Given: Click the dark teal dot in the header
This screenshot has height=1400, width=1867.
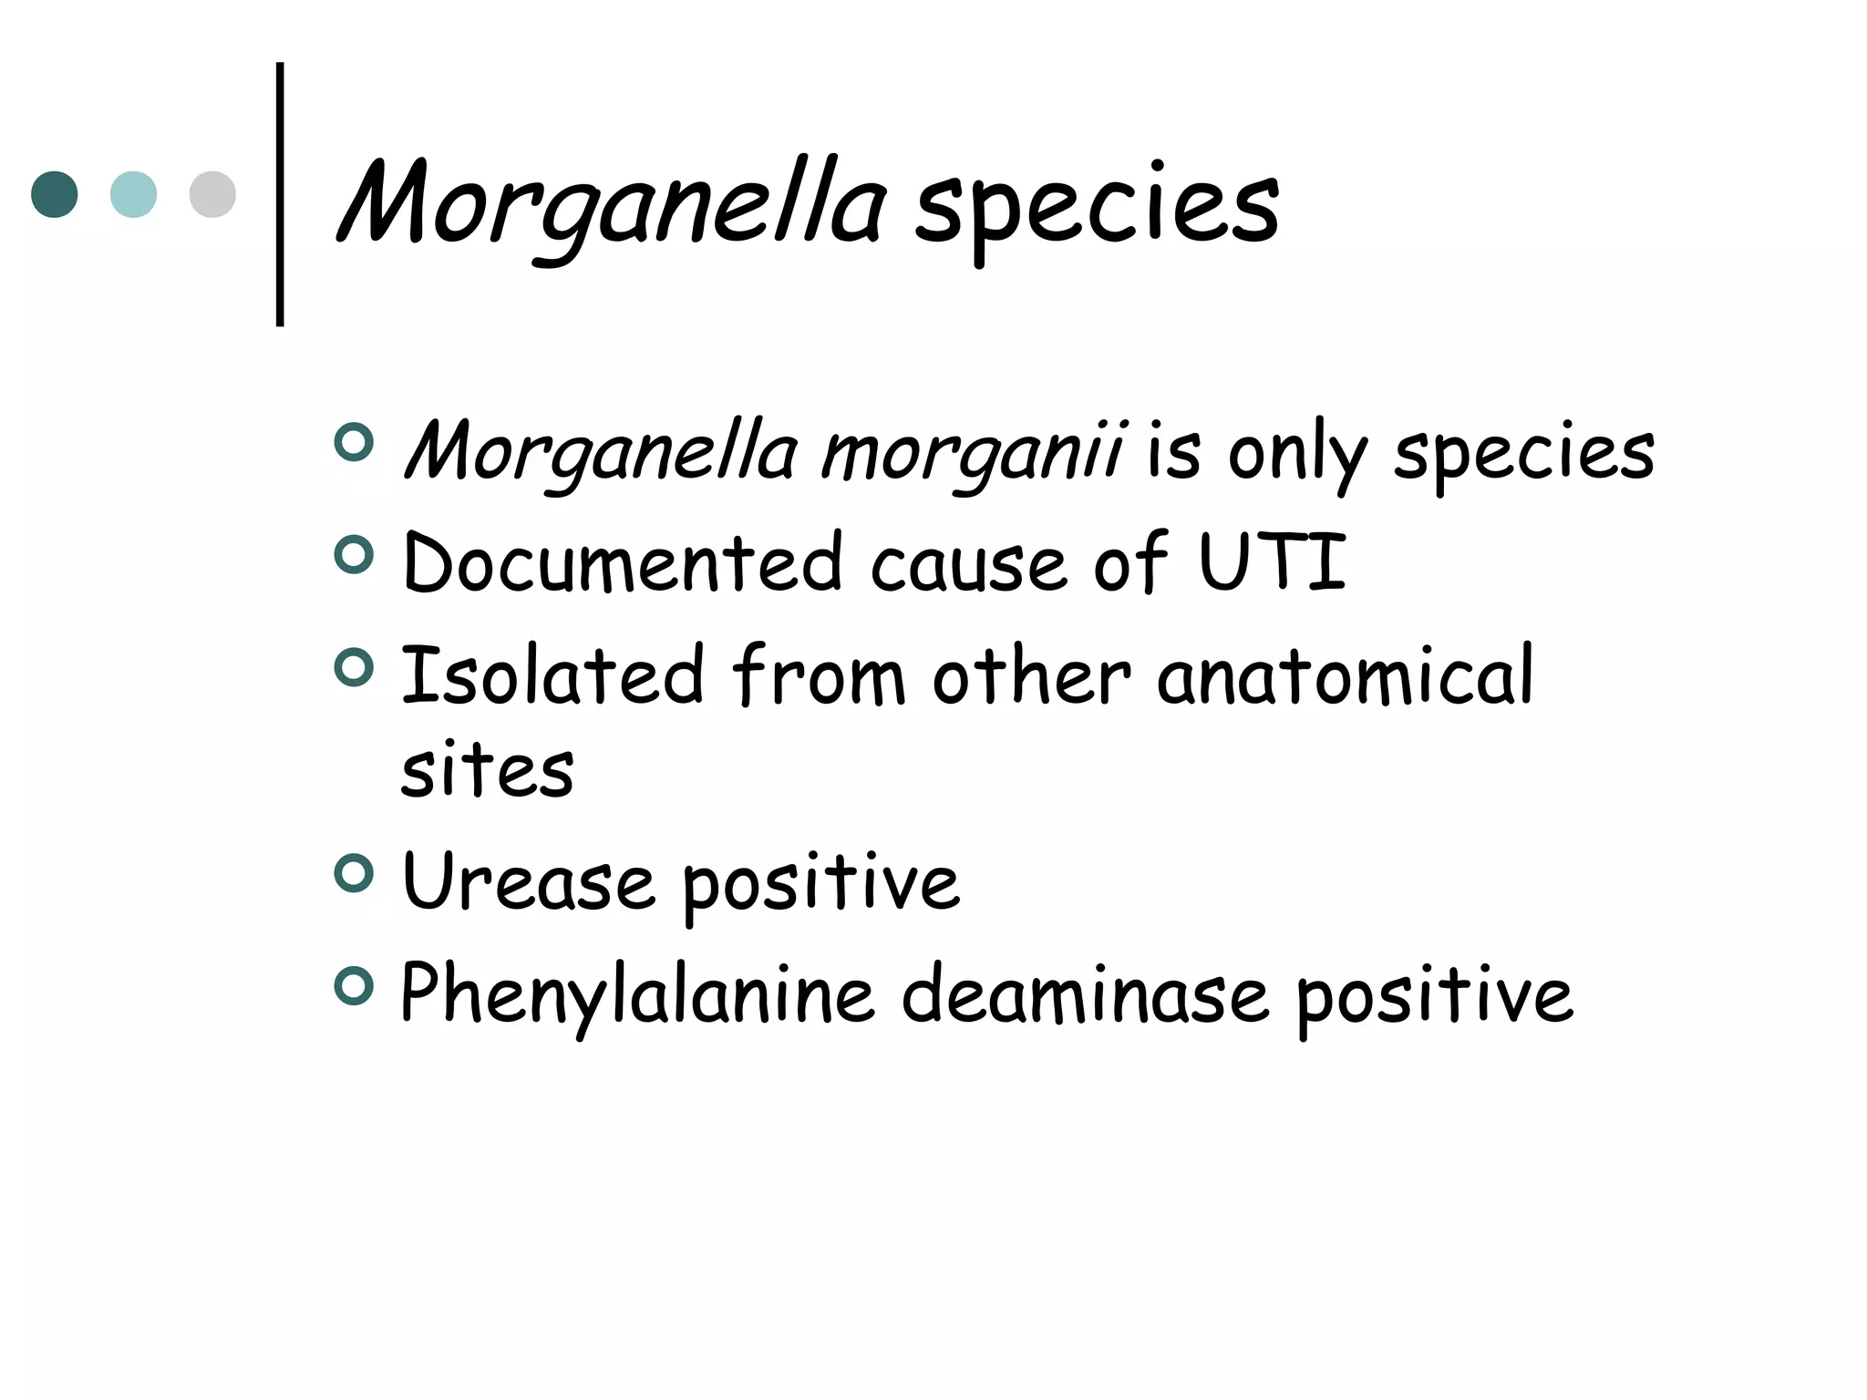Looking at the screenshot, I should (x=55, y=194).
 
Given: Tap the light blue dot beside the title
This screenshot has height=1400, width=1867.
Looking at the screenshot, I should (x=133, y=194).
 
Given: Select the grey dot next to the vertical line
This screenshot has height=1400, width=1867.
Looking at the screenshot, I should (x=212, y=194).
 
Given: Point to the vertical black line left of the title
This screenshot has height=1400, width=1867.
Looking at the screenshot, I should (x=280, y=194).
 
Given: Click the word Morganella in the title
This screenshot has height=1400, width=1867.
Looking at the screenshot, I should (x=611, y=205).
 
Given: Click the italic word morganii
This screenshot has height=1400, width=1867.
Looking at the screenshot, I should (x=972, y=452).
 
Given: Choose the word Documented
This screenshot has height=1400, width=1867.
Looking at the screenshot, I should (x=623, y=562).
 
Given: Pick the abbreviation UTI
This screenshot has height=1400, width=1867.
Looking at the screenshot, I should (x=1273, y=561).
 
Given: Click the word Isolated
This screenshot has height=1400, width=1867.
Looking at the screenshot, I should (x=552, y=674).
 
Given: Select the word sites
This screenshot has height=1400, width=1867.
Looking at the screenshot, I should (x=487, y=770).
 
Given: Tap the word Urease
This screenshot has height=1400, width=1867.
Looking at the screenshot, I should (x=528, y=881).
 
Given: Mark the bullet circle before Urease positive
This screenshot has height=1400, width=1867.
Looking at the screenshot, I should (x=354, y=874).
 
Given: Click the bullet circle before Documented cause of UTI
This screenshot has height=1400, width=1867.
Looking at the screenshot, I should (x=354, y=555).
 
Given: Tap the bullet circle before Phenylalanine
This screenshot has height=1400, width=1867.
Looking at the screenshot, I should (x=354, y=986).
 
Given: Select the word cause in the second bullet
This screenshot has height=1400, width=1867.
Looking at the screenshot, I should (x=968, y=564).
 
